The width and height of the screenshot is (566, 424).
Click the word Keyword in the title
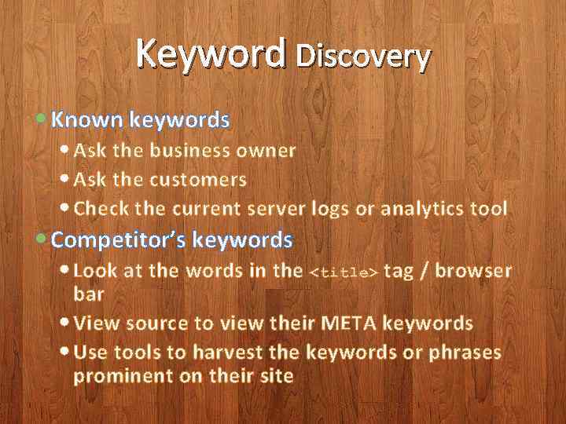211,54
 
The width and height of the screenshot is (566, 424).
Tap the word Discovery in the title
363,56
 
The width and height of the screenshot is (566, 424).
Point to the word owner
266,151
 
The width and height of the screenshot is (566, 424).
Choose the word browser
473,272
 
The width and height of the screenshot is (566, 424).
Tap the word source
153,323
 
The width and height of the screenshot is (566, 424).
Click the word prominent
123,376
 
